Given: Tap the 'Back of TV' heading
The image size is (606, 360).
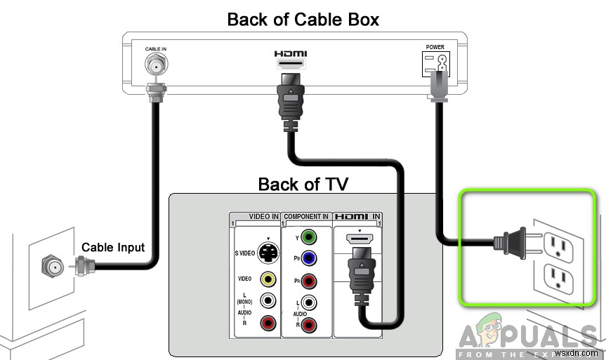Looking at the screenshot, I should pos(303,184).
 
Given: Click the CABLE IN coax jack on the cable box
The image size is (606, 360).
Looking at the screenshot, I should pos(155,66).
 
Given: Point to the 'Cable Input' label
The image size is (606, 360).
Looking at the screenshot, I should pos(113,247).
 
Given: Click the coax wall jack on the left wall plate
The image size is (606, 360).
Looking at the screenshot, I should pos(51,267).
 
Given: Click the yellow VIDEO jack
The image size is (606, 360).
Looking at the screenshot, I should pos(268,279).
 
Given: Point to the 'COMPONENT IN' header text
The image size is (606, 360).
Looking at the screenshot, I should pos(306,217).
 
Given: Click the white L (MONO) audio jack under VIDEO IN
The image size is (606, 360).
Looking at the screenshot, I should pos(268,300).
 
